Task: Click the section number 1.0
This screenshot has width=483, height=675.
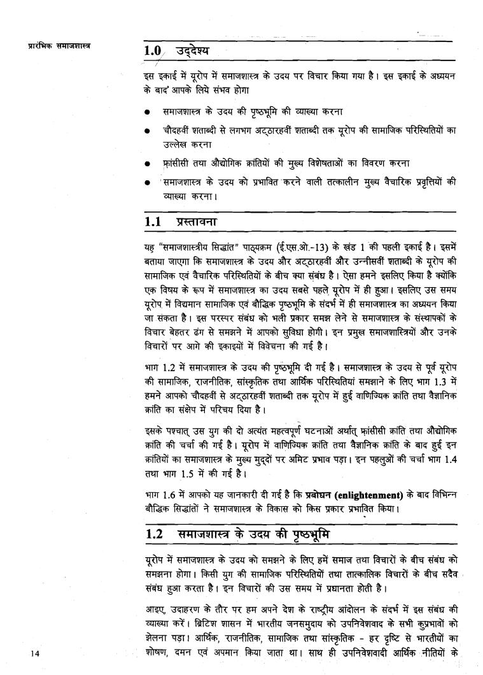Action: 155,50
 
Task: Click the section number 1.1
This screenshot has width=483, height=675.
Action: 155,221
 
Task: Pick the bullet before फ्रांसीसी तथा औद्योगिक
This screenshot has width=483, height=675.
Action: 147,164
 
